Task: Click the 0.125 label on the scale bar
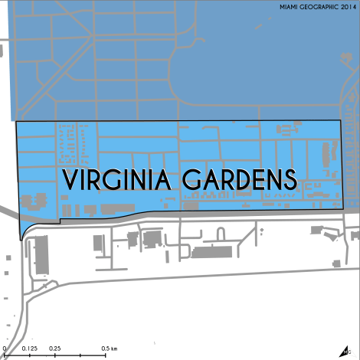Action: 31,349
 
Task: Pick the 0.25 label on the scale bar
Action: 55,349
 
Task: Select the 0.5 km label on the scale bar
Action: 109,349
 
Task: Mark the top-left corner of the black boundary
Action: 17,122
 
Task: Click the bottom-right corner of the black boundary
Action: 341,208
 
